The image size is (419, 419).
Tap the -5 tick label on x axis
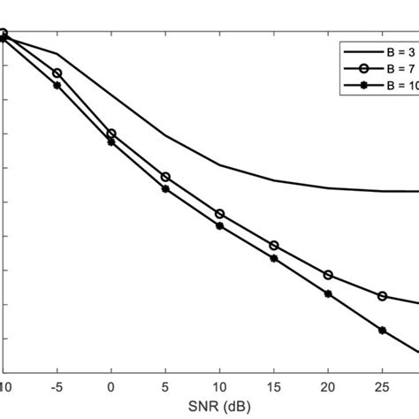coord(57,386)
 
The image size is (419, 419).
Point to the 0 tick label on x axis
coord(111,386)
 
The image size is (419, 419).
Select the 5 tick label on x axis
coord(165,386)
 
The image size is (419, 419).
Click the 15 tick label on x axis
coord(273,386)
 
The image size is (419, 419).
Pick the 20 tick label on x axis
coord(328,386)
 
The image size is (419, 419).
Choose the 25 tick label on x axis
coord(382,386)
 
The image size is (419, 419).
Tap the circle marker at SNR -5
coord(57,73)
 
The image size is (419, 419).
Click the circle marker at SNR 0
coord(111,133)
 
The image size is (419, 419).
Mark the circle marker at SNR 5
coord(165,177)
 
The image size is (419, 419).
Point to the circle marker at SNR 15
coord(274,245)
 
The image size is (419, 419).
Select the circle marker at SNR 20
coord(328,275)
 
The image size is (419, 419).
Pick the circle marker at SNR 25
coord(382,296)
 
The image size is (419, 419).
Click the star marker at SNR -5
coord(57,86)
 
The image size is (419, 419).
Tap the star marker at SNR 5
coord(165,188)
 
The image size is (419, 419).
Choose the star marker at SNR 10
coord(220,225)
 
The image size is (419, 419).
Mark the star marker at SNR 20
coord(328,293)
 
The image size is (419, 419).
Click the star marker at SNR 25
coord(382,330)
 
